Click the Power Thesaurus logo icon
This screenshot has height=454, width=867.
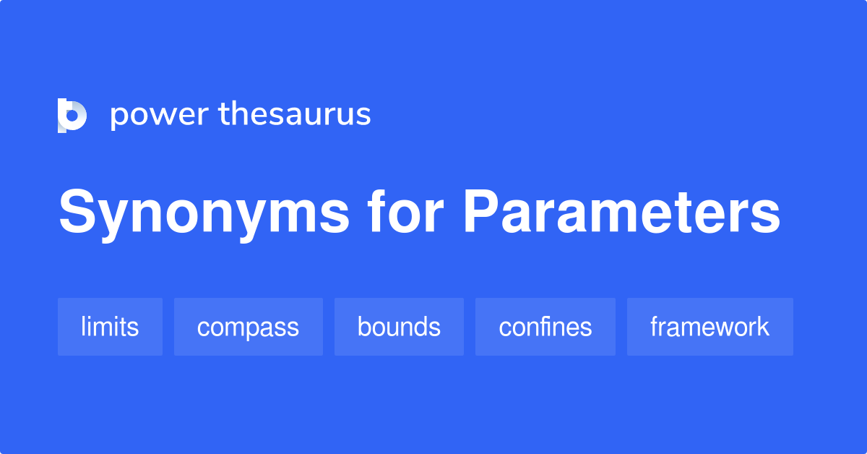[72, 116]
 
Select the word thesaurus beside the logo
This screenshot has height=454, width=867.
[295, 114]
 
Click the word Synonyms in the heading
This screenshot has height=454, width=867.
[204, 213]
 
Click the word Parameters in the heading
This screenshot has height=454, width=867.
[621, 213]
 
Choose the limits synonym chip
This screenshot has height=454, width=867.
[110, 327]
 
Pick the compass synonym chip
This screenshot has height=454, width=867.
[248, 327]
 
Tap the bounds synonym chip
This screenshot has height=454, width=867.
[399, 327]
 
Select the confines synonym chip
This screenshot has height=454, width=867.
[545, 327]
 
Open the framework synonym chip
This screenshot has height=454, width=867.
[709, 327]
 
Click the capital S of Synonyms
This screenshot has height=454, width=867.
[78, 213]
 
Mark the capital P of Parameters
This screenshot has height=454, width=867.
[482, 213]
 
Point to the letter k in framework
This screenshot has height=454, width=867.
[763, 327]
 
